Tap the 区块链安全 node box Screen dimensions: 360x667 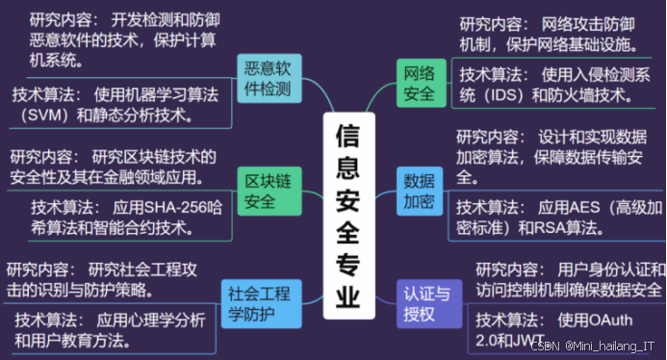[x=268, y=191]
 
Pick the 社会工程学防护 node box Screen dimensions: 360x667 [x=257, y=303]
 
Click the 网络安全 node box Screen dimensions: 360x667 [x=419, y=83]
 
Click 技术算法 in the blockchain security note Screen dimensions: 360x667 [x=63, y=207]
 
